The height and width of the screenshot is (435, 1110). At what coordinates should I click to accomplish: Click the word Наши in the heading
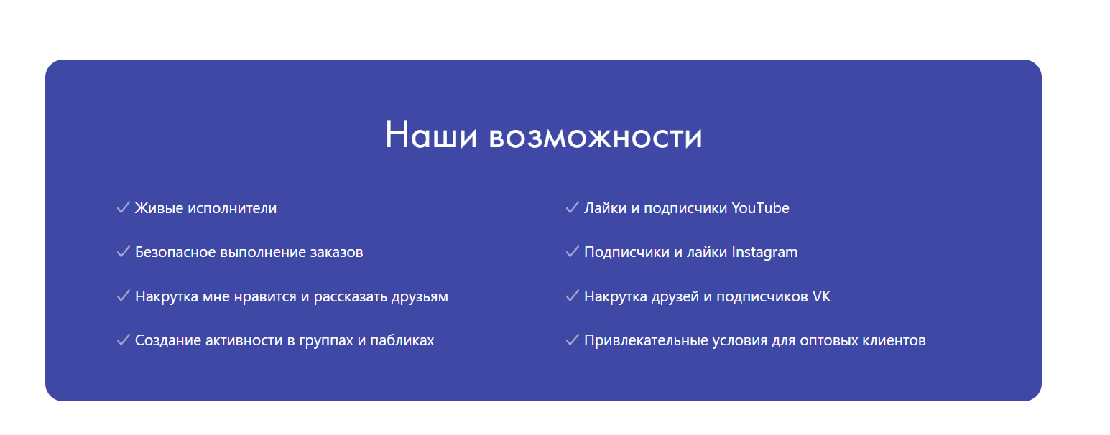pyautogui.click(x=431, y=135)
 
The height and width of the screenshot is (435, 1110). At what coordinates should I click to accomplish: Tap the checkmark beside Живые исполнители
pyautogui.click(x=124, y=207)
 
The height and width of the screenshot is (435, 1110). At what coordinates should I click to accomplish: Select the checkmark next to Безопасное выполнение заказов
pyautogui.click(x=124, y=251)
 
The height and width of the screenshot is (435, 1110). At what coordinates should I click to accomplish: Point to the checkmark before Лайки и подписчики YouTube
pyautogui.click(x=573, y=207)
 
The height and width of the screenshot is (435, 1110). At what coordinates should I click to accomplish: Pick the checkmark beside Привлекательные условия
pyautogui.click(x=573, y=340)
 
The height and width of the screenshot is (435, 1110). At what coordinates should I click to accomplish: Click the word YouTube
pyautogui.click(x=760, y=208)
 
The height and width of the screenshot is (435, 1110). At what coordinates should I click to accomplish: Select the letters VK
pyautogui.click(x=821, y=296)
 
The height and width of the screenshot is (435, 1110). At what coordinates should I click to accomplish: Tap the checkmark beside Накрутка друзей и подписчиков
pyautogui.click(x=573, y=296)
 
